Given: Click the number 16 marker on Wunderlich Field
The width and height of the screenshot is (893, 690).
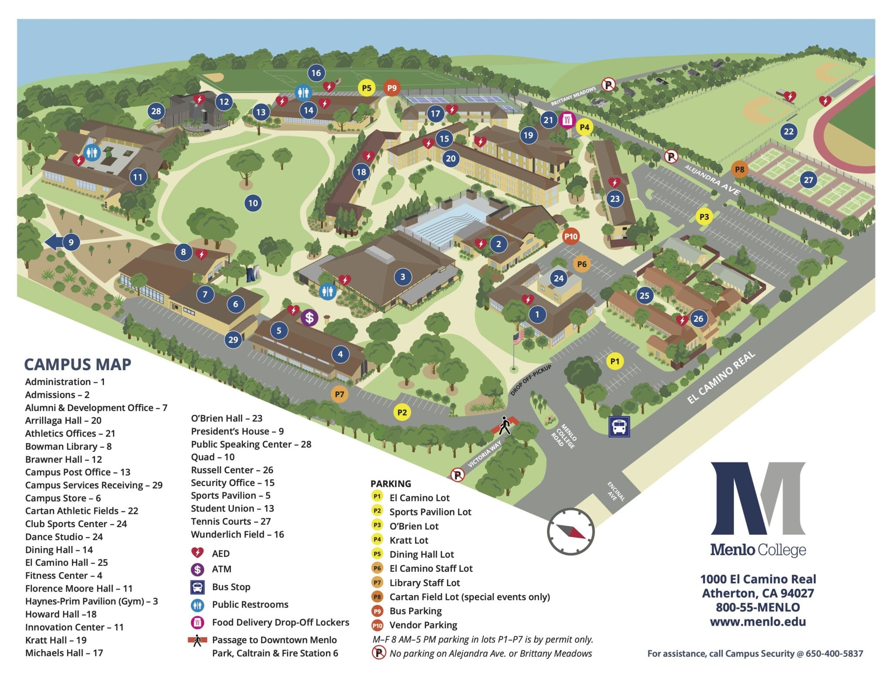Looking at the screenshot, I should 316,73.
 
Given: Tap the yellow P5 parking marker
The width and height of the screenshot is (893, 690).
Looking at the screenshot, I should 367,88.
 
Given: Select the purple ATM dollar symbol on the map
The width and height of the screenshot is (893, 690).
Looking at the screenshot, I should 309,317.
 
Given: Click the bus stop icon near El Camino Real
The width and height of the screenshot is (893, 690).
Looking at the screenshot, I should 619,426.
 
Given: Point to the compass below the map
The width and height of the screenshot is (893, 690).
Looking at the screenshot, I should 571,531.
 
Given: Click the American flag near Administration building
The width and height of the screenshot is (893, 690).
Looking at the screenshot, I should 518,337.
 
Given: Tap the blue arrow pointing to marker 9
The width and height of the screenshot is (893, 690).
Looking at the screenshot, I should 54,242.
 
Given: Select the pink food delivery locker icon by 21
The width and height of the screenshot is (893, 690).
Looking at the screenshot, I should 567,119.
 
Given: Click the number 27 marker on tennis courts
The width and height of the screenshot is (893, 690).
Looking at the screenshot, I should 808,180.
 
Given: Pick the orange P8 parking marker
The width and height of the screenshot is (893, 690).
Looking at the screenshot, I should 740,170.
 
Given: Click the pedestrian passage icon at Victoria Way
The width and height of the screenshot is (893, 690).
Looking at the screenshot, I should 504,425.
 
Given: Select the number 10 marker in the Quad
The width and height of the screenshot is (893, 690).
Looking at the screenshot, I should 253,203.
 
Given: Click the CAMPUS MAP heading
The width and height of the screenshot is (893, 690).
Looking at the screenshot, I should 78,364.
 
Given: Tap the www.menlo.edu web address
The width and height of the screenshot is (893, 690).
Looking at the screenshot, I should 757,622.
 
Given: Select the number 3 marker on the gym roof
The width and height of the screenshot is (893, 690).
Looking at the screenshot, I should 402,276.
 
